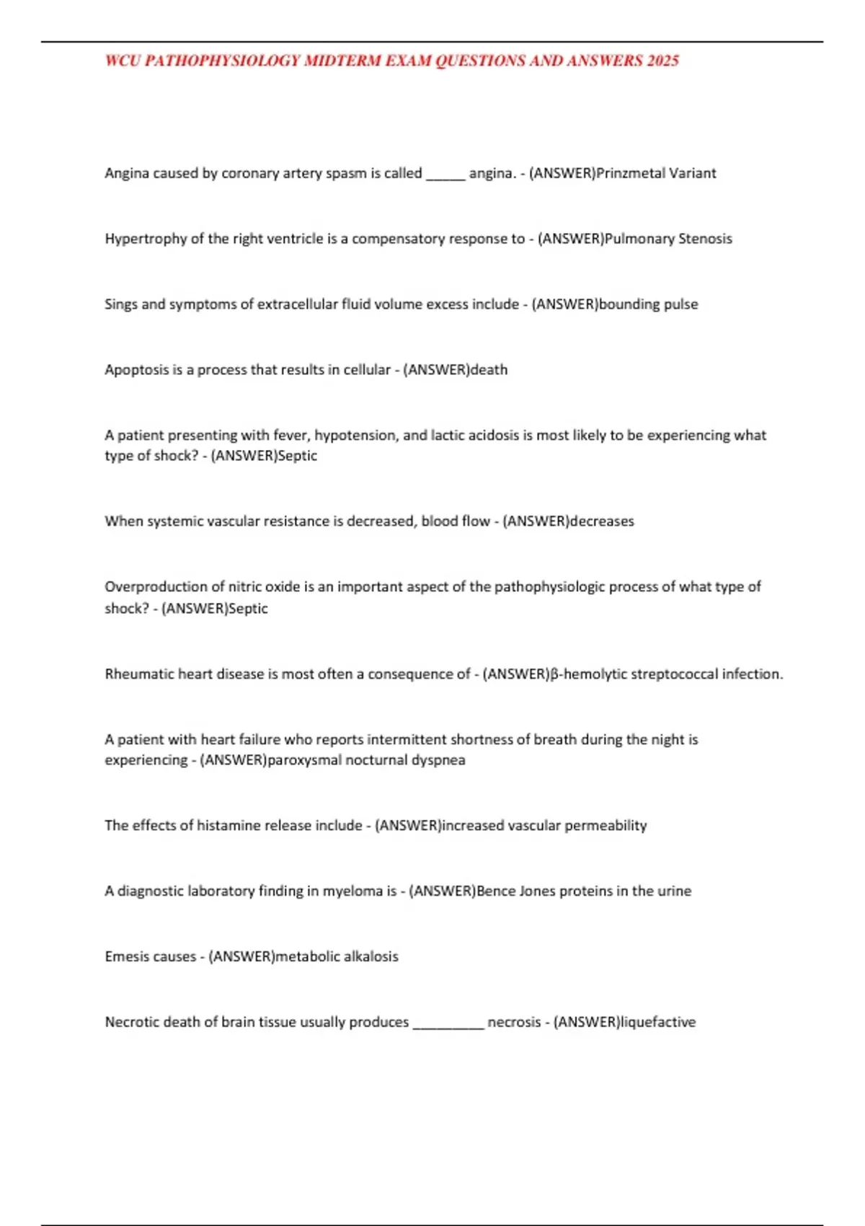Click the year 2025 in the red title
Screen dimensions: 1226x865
(662, 61)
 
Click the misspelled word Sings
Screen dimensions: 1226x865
(120, 304)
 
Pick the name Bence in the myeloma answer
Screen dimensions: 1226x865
(496, 891)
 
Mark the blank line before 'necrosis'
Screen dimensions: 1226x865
(448, 1023)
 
